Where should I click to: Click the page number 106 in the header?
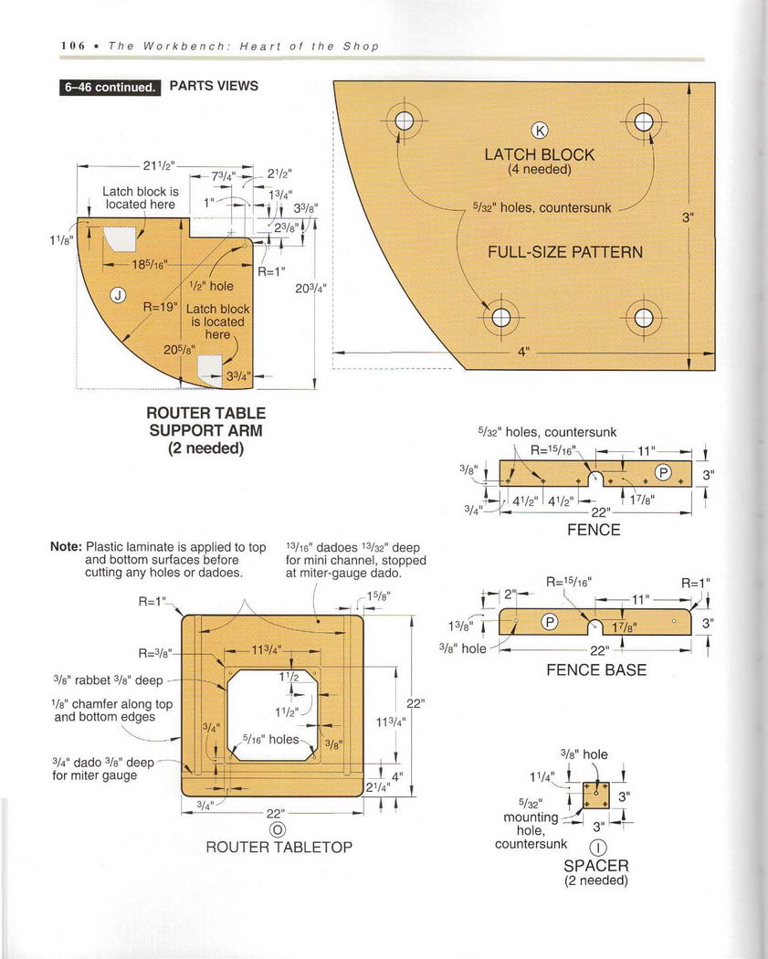click(73, 46)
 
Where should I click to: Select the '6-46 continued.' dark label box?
click(110, 88)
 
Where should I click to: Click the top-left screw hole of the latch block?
click(405, 122)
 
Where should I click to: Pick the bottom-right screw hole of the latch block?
click(644, 318)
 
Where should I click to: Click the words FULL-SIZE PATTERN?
click(564, 252)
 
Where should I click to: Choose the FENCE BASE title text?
click(595, 669)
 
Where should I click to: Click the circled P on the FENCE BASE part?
click(551, 623)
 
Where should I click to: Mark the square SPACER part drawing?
click(595, 794)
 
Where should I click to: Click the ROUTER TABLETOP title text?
click(279, 847)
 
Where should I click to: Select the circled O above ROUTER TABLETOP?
click(278, 829)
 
